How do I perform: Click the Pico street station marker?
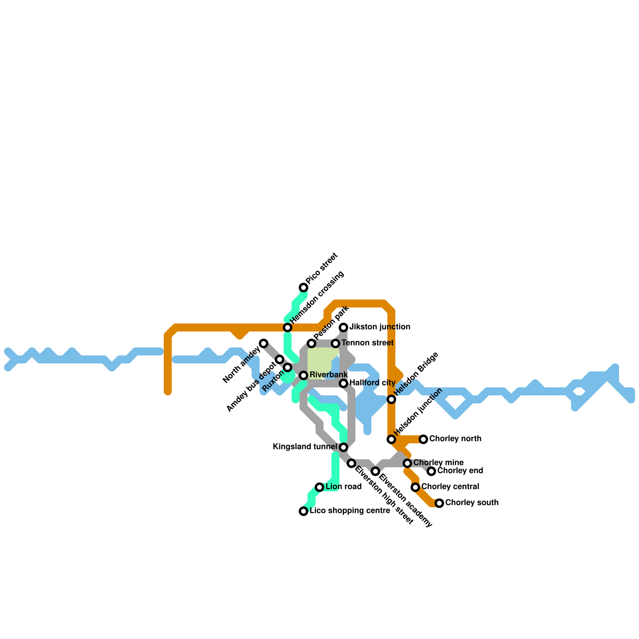point(304,288)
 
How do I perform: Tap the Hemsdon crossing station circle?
point(288,327)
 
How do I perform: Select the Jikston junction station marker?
point(343,327)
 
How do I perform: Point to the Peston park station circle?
point(312,343)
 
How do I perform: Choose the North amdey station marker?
point(264,343)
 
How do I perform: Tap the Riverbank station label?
point(329,375)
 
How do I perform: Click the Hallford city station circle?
point(343,383)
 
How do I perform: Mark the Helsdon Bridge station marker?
point(391,399)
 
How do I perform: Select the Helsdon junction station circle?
point(391,439)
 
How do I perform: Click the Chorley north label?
point(455,439)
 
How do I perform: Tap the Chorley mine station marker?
point(407,463)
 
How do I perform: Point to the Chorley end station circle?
point(431,471)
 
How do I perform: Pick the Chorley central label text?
point(450,487)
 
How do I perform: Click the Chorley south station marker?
point(439,503)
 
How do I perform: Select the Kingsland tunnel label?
point(305,447)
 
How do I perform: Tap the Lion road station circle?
point(319,487)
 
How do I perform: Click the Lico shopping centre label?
point(349,511)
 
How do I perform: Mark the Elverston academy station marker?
point(375,471)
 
